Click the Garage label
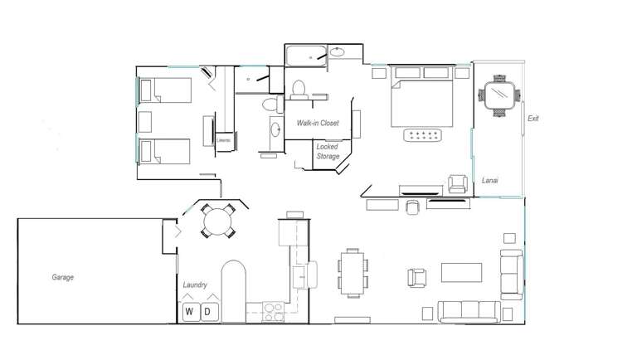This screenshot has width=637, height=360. point(63,277)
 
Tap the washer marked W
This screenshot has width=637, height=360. point(190,312)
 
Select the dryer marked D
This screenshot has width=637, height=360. point(209,312)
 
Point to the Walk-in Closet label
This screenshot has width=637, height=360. point(318,123)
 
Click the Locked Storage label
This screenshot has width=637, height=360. point(328,151)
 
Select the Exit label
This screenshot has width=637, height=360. point(533,119)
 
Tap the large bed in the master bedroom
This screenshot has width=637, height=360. point(422,100)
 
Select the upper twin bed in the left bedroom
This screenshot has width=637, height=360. point(164,90)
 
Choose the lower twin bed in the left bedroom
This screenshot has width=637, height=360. point(164,152)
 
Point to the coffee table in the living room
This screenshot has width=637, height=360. point(461,273)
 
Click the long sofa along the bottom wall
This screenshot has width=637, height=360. point(469,312)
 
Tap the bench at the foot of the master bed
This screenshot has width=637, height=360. point(424,135)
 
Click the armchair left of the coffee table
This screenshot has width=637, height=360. point(416,276)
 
